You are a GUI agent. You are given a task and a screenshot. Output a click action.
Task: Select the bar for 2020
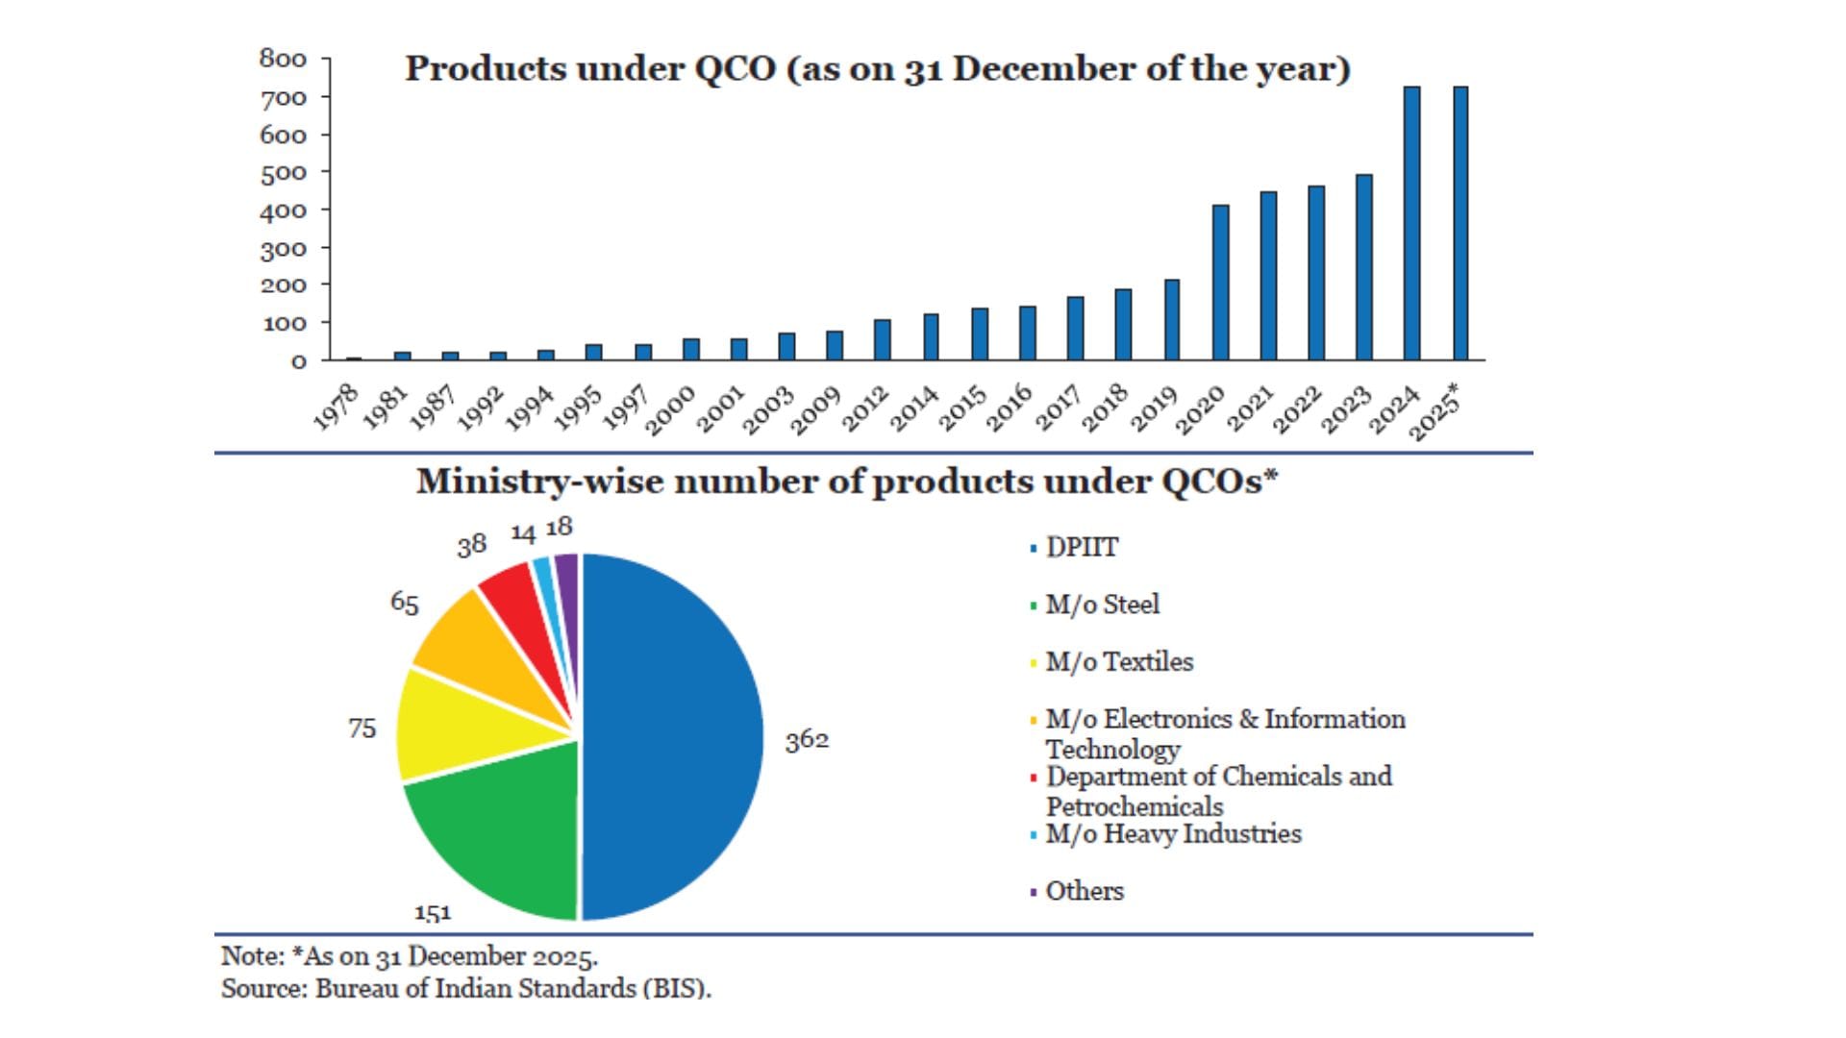[x=1220, y=283]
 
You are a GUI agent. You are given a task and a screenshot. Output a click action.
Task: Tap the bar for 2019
[x=1172, y=320]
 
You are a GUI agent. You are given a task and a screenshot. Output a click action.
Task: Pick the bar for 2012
[x=883, y=339]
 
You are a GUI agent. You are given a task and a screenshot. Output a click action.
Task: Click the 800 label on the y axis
[x=283, y=60]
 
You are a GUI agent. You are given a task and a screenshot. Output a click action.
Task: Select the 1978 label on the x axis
[x=337, y=406]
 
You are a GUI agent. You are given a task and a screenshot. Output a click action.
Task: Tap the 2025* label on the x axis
[x=1434, y=411]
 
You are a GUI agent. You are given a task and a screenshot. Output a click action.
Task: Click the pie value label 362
[x=807, y=740]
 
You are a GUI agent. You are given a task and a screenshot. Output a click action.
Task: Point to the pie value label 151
[x=433, y=912]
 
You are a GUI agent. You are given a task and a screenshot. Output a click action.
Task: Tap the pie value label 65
[x=405, y=603]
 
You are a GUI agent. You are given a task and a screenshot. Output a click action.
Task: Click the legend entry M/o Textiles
[x=1118, y=662]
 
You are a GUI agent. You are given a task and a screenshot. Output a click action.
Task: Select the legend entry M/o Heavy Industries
[x=1172, y=833]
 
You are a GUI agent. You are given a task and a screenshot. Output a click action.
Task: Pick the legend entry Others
[x=1084, y=891]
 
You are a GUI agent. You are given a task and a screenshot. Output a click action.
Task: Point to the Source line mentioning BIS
[x=466, y=988]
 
